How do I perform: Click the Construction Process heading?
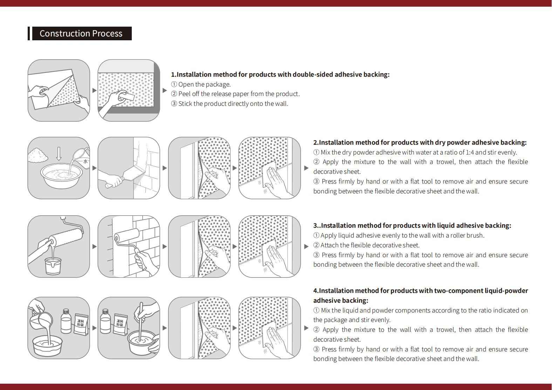pyautogui.click(x=81, y=34)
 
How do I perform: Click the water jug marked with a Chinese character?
pyautogui.click(x=81, y=157)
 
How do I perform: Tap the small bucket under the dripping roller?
pyautogui.click(x=53, y=266)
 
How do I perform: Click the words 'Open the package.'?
pyautogui.click(x=204, y=84)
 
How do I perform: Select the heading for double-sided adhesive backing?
pyautogui.click(x=280, y=75)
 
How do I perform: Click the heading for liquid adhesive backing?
pyautogui.click(x=412, y=226)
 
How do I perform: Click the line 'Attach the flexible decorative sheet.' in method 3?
pyautogui.click(x=370, y=245)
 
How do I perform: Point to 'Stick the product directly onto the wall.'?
pyautogui.click(x=233, y=104)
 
